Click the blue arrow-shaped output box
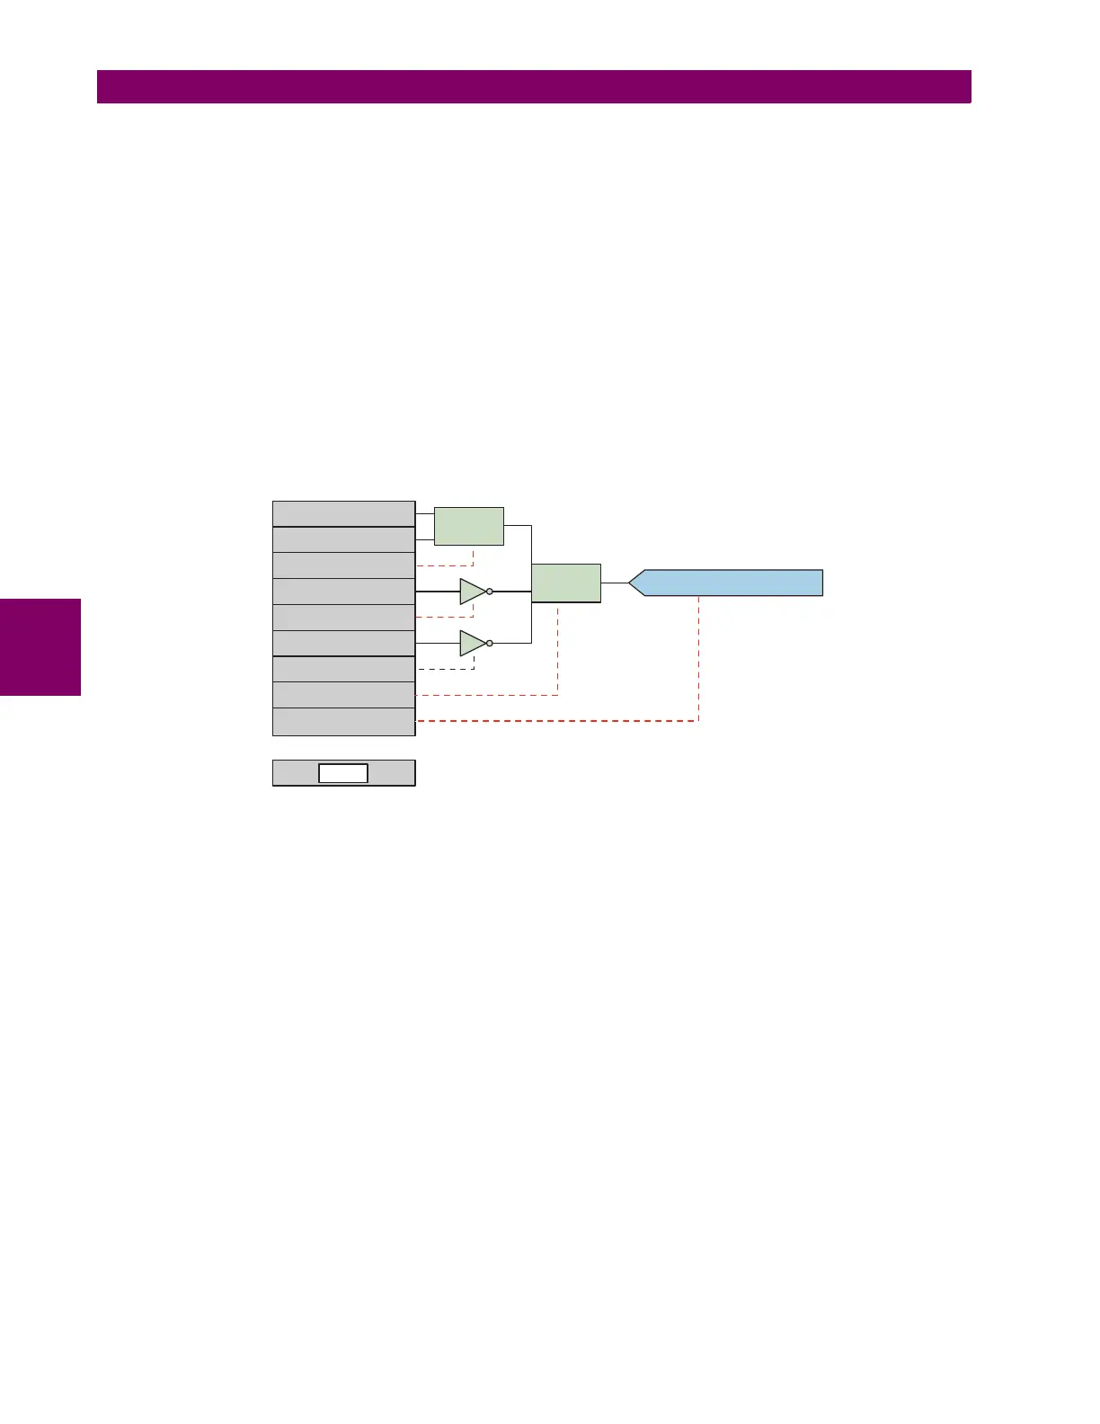728,583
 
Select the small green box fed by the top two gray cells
468,526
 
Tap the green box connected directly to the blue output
566,583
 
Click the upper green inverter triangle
471,592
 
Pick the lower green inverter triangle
471,643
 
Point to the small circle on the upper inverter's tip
490,592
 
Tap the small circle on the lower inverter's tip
490,643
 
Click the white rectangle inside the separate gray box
343,773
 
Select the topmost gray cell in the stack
343,513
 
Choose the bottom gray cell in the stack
343,722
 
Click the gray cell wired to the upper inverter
343,592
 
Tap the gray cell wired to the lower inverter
343,644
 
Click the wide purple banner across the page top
534,87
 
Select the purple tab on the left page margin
40,647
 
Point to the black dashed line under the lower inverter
445,669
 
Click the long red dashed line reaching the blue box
557,721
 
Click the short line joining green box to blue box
615,583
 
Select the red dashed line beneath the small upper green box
445,565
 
